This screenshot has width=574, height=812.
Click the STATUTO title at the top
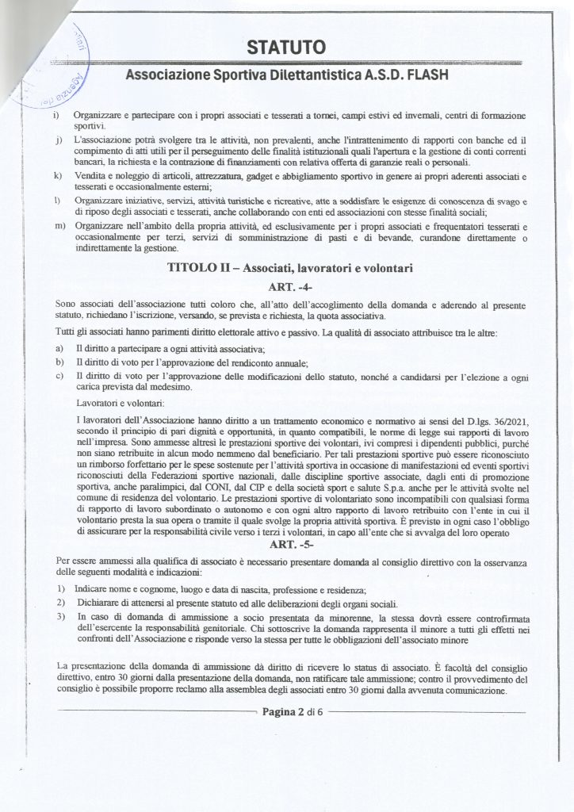coord(286,49)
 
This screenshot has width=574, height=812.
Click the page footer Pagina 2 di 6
coord(289,712)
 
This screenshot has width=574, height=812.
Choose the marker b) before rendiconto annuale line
coord(59,362)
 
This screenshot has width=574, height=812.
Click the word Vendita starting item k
coord(89,174)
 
